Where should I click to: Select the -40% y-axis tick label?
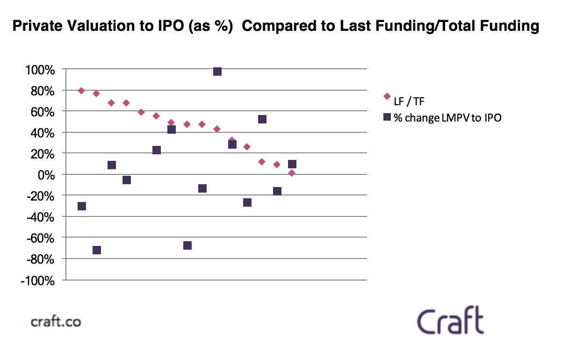[42, 217]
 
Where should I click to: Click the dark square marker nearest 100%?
[217, 72]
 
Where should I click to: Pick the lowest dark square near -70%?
[97, 250]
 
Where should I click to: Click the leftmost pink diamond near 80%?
[81, 91]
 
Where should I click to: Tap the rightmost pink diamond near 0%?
[292, 173]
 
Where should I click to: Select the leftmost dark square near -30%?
[82, 206]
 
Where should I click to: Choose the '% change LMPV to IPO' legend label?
[447, 118]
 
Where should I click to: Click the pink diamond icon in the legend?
[387, 96]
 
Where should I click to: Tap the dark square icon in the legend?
[387, 117]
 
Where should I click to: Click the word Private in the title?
[36, 26]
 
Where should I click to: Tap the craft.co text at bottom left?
[56, 321]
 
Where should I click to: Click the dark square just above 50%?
[262, 119]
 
